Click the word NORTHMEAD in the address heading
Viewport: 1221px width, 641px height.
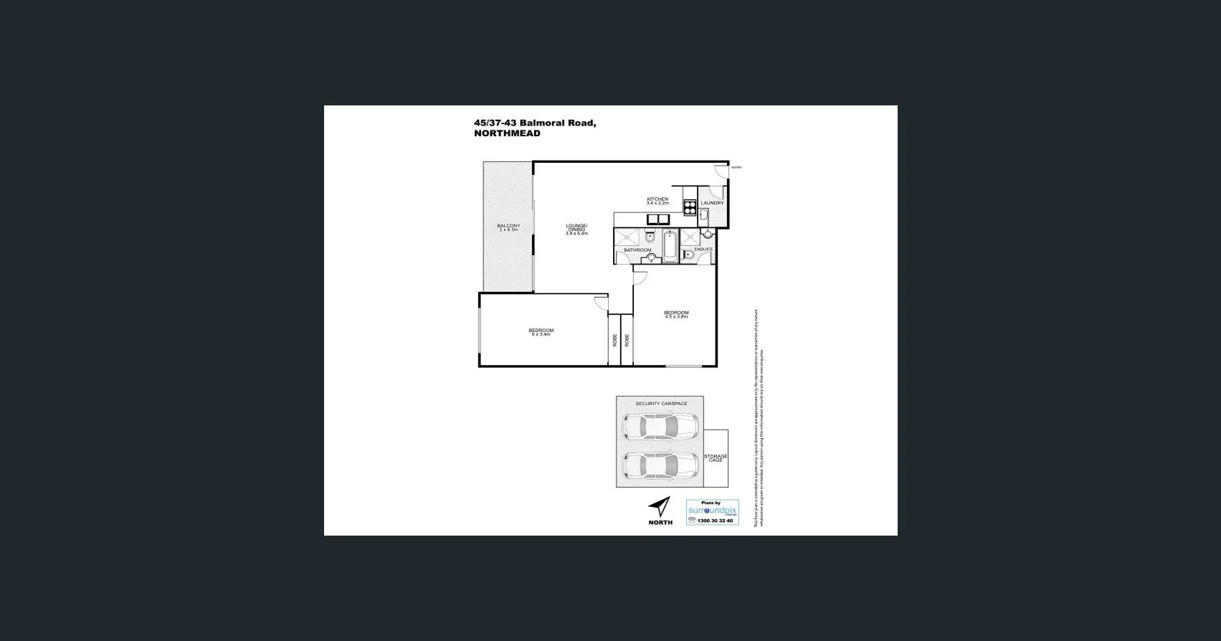tap(507, 133)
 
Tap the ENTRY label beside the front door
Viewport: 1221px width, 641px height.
tap(736, 168)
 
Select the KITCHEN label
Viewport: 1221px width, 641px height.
tap(657, 199)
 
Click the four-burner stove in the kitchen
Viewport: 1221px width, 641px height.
tap(690, 206)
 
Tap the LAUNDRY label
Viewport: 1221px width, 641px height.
tap(712, 203)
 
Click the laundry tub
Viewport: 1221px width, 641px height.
tap(703, 215)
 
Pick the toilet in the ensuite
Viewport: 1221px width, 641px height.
tap(688, 255)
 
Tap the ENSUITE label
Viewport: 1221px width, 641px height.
tap(703, 249)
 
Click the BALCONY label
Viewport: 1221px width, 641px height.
tap(508, 226)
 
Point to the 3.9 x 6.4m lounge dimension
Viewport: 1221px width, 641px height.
tap(576, 233)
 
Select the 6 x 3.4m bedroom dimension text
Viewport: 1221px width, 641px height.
tap(541, 334)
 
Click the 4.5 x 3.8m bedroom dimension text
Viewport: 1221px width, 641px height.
tap(675, 316)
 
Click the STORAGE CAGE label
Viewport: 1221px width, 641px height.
tap(716, 457)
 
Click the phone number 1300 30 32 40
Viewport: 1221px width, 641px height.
tap(710, 521)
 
